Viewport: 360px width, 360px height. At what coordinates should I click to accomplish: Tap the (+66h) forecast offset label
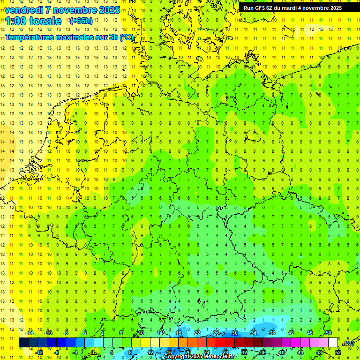point(81,21)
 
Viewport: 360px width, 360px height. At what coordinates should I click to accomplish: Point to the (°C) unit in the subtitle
point(127,37)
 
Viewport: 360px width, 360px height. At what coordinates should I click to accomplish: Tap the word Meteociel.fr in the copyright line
point(220,357)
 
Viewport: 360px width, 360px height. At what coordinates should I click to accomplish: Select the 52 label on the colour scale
point(338,352)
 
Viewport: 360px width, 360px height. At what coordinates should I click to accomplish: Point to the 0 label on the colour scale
point(93,352)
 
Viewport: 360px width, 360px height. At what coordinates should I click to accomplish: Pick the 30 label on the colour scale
point(234,333)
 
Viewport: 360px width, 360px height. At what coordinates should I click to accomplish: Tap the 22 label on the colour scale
point(197,333)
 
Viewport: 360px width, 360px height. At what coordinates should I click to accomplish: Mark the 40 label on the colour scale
point(281,352)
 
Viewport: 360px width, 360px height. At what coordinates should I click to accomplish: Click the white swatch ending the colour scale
point(333,343)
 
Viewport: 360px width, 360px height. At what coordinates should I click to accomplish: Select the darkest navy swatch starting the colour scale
point(23,343)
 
